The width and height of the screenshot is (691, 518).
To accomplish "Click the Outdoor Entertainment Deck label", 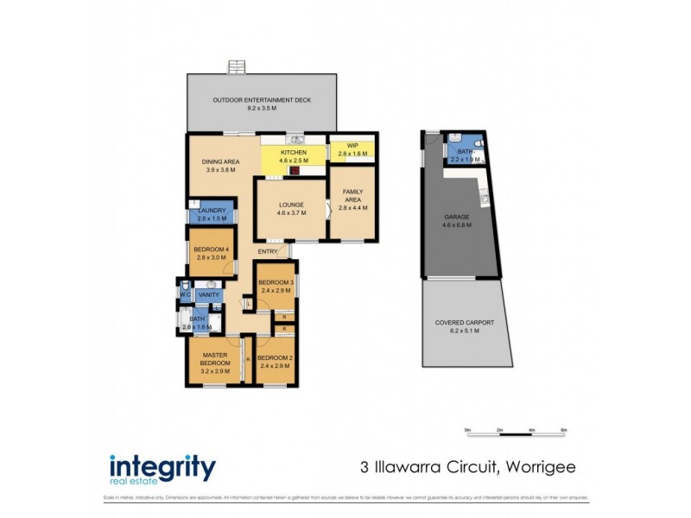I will pyautogui.click(x=262, y=100).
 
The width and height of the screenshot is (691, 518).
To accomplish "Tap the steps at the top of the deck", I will pyautogui.click(x=236, y=67).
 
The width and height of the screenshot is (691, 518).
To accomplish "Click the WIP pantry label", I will pyautogui.click(x=352, y=146).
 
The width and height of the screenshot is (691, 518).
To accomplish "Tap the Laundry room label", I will pyautogui.click(x=212, y=211).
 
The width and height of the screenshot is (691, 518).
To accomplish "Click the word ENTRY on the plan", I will pyautogui.click(x=267, y=251).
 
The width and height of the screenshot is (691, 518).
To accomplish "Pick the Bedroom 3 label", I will pyautogui.click(x=276, y=283).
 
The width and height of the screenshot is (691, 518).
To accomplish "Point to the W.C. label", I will pyautogui.click(x=184, y=294).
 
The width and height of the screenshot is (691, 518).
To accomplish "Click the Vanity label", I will pyautogui.click(x=208, y=295).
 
